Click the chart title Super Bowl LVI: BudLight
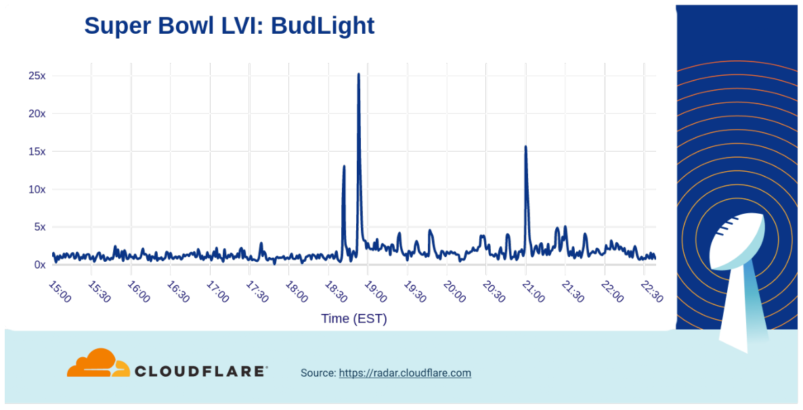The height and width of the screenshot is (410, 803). (229, 26)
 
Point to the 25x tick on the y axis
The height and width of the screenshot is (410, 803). (37, 76)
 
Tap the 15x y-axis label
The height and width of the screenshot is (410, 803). (37, 152)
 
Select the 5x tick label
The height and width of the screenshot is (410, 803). (39, 227)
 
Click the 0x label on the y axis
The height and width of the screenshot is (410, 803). (39, 265)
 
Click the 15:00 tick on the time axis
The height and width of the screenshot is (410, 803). (60, 291)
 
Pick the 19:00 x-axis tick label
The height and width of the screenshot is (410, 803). (375, 291)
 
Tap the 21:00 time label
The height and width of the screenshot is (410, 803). (533, 291)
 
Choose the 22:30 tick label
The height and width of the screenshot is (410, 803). (651, 291)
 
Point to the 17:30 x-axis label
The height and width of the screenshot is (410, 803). (257, 291)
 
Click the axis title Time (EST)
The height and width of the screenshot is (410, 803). (354, 319)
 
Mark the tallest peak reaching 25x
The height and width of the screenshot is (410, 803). (358, 74)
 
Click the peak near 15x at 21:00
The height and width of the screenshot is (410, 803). (525, 147)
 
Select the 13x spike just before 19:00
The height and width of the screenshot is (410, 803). (344, 166)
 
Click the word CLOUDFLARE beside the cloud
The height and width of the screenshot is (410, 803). (200, 371)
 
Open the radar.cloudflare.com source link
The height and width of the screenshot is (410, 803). (405, 373)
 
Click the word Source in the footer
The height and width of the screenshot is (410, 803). (318, 373)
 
